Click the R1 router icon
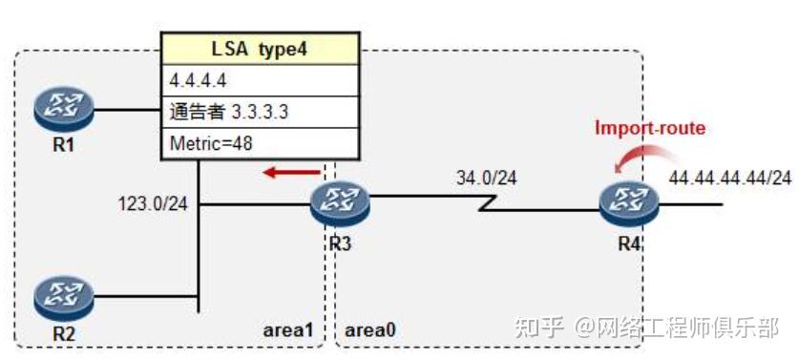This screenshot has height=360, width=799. click(63, 109)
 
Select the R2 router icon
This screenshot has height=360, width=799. click(63, 299)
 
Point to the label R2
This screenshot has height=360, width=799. click(63, 333)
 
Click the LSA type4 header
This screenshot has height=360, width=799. click(262, 48)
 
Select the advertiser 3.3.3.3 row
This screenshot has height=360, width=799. click(229, 112)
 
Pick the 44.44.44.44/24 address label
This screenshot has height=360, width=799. click(729, 178)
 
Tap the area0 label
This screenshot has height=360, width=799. click(369, 330)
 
